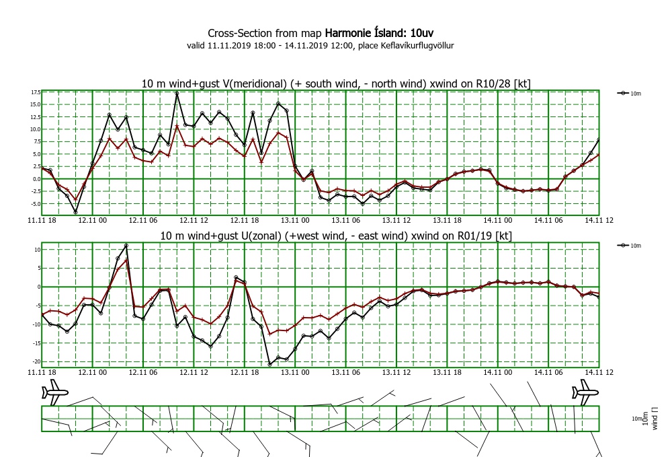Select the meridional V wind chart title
[x=336, y=83]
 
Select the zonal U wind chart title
[x=336, y=236]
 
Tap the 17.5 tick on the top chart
[x=36, y=92]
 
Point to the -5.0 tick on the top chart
[x=35, y=204]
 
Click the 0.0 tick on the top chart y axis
[x=36, y=179]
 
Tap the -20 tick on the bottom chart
[x=36, y=361]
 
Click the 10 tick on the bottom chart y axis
[x=38, y=250]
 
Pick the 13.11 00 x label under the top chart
[x=295, y=220]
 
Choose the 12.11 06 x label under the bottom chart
[x=143, y=372]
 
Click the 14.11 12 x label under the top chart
[x=599, y=220]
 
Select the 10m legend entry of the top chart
[x=629, y=93]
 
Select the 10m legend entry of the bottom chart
[x=629, y=246]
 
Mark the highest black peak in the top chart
[x=177, y=93]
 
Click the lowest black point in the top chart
[x=75, y=212]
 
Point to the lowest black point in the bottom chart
[x=269, y=364]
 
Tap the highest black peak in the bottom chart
[x=126, y=246]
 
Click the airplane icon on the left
[x=55, y=392]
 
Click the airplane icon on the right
[x=585, y=392]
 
